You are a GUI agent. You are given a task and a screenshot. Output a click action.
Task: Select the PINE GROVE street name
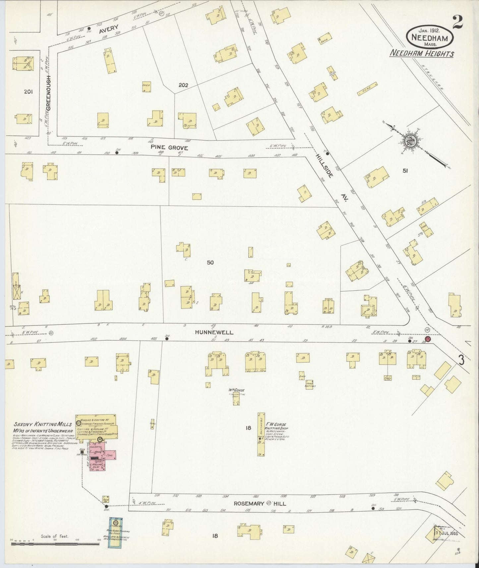click(169, 148)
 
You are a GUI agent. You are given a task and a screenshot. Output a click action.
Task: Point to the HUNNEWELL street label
click(214, 332)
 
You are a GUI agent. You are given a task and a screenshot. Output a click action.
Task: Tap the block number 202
click(183, 85)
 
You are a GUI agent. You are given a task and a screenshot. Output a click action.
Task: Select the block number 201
click(29, 92)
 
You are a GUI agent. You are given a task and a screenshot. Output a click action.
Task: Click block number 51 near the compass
click(405, 171)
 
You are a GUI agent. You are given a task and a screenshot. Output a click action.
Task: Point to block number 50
click(210, 262)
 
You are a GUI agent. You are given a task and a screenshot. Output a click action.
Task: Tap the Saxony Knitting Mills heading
click(43, 424)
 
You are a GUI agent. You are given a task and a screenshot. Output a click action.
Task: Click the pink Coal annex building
click(110, 456)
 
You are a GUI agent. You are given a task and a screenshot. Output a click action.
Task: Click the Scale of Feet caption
click(55, 536)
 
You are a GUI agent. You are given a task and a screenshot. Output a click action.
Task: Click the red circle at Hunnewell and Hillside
click(428, 339)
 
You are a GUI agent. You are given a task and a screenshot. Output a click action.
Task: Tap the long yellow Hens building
click(368, 89)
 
